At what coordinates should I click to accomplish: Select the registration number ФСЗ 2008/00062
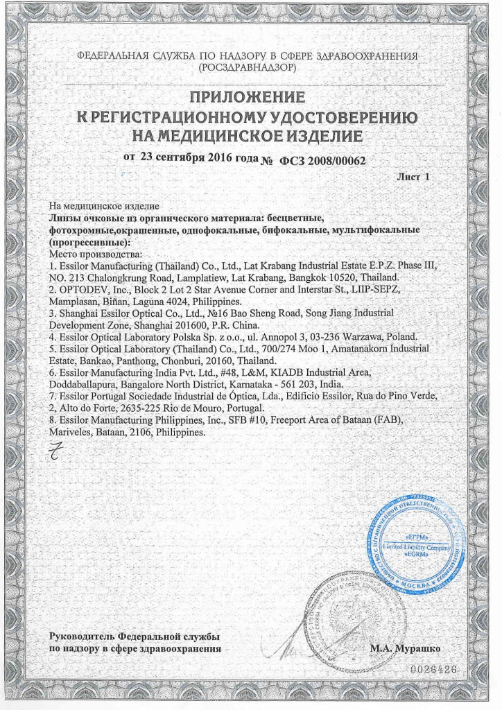click(x=322, y=161)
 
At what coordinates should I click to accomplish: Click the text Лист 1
click(x=413, y=177)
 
